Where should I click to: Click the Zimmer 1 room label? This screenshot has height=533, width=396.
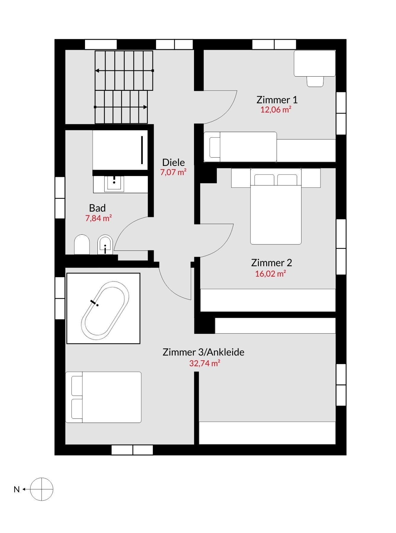277,100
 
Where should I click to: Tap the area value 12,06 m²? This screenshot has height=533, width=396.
276,110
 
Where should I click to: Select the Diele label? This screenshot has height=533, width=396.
174,162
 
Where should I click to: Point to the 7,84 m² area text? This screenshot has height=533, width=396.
98,218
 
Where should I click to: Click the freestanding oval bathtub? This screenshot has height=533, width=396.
105,311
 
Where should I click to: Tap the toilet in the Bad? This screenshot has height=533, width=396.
82,245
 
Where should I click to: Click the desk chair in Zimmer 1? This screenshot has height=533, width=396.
315,81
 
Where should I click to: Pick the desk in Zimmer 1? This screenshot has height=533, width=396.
315,63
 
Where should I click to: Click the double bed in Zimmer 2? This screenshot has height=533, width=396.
276,206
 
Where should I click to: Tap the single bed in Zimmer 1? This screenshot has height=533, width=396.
240,147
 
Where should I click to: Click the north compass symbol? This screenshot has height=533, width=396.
42,489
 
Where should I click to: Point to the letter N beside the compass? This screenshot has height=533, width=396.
17,489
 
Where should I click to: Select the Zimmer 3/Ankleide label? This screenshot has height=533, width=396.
203,352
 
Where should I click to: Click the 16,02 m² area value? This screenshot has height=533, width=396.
270,274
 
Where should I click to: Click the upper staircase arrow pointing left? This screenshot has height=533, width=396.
124,71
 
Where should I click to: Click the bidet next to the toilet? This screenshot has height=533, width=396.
105,245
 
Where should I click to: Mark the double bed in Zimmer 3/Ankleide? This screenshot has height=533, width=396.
103,397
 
